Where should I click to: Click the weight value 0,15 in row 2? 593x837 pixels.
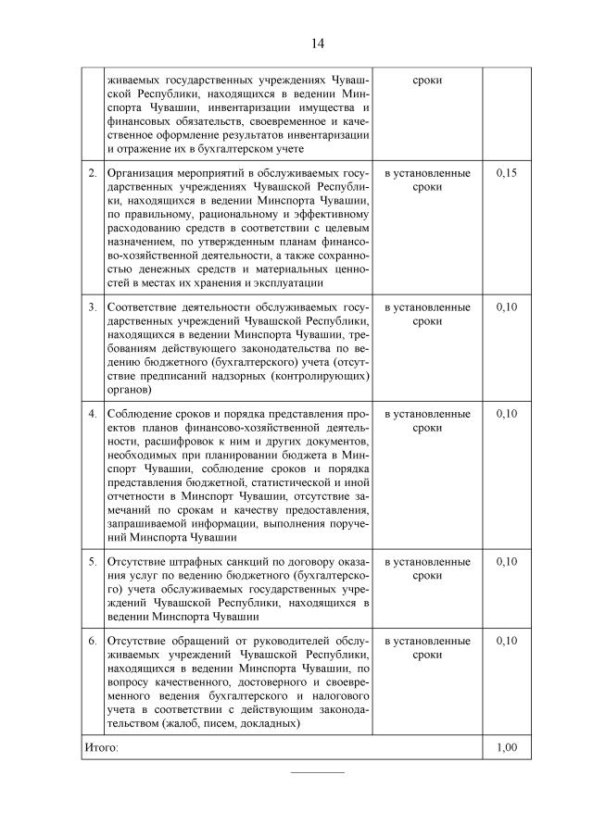click(x=506, y=173)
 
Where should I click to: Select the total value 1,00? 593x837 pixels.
click(x=506, y=747)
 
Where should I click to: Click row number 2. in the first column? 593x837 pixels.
click(x=92, y=173)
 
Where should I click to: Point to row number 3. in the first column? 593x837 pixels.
click(x=92, y=306)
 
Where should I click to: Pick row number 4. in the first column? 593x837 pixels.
click(x=92, y=413)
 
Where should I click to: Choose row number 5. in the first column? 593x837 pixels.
click(x=92, y=561)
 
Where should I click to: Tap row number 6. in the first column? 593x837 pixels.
click(x=92, y=641)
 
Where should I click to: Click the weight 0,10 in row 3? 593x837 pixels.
click(x=506, y=306)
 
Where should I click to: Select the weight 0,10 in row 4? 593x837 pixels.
click(x=506, y=413)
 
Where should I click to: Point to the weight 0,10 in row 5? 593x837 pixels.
click(x=506, y=561)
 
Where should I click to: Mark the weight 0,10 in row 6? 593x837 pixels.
click(x=506, y=641)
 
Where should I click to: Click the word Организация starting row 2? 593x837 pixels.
click(x=142, y=173)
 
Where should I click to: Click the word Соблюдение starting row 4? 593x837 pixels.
click(x=141, y=413)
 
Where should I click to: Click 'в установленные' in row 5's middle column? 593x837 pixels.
click(x=427, y=561)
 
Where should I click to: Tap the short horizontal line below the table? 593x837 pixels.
click(x=318, y=770)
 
